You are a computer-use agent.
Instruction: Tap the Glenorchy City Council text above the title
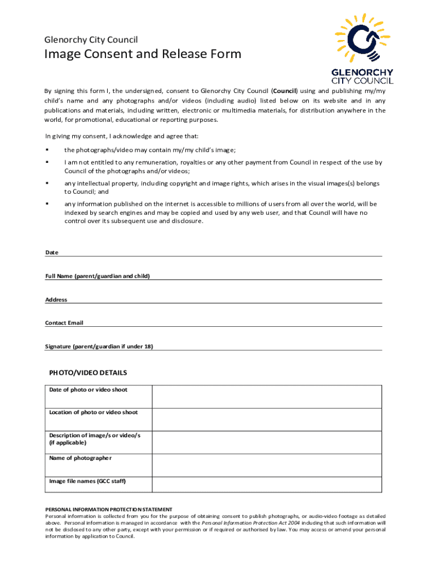click(x=91, y=39)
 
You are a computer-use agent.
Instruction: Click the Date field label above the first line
click(x=51, y=252)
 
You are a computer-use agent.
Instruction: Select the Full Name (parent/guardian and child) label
click(x=98, y=276)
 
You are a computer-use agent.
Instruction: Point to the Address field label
click(x=56, y=300)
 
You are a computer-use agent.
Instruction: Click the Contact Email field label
click(x=64, y=323)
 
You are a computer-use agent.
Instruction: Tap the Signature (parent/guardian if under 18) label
click(x=99, y=346)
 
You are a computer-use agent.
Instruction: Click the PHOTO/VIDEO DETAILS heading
click(x=88, y=372)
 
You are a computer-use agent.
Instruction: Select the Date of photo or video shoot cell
click(x=88, y=390)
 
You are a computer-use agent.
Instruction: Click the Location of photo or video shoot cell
click(x=94, y=412)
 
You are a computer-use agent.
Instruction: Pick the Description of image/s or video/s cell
click(x=95, y=439)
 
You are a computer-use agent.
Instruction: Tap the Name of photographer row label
click(x=81, y=458)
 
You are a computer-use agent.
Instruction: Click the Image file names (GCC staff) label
click(x=87, y=481)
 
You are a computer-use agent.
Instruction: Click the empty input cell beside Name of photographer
click(x=267, y=464)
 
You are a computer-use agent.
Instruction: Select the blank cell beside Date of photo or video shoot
click(x=267, y=396)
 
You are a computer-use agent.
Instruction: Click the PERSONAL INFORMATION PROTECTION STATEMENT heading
click(x=109, y=509)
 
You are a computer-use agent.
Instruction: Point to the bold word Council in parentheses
click(x=285, y=91)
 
